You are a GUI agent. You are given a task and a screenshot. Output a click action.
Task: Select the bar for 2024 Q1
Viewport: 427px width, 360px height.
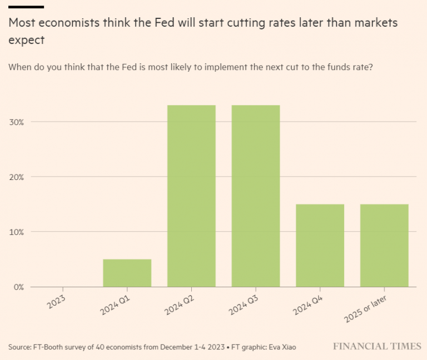127,273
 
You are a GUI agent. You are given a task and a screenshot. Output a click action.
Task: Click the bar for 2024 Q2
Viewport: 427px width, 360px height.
191,196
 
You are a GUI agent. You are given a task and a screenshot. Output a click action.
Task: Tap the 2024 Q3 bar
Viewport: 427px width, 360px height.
256,196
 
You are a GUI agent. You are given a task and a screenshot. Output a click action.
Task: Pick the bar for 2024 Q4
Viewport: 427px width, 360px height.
320,246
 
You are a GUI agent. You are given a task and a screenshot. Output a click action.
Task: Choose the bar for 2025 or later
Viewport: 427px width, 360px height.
384,246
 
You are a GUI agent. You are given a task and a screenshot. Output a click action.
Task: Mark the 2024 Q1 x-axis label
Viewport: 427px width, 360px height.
116,305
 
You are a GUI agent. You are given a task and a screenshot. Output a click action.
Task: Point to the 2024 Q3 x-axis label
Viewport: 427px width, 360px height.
245,305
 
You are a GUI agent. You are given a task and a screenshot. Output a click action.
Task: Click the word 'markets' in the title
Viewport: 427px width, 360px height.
378,24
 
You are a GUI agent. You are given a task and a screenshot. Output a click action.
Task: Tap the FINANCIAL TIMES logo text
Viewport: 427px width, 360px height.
377,346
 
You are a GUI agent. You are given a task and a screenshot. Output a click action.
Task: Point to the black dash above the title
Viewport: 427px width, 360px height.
26,7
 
